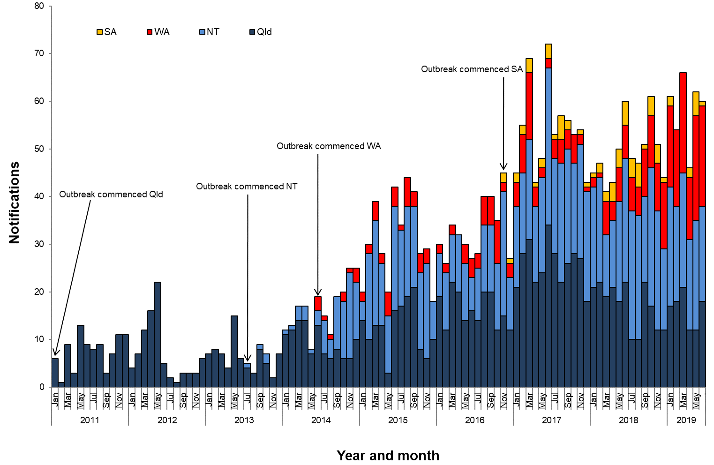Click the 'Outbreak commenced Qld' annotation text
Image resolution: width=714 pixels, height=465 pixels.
[111, 195]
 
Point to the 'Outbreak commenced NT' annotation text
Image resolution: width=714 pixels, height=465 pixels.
[247, 187]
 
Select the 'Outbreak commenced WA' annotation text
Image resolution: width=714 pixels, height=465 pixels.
[329, 146]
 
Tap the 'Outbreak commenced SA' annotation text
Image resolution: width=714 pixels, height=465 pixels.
[472, 69]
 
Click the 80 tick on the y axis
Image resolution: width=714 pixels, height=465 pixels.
[39, 6]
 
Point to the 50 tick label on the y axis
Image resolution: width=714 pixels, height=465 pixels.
[39, 149]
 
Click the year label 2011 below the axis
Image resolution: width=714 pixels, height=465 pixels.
[90, 420]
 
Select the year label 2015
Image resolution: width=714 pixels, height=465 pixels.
[398, 420]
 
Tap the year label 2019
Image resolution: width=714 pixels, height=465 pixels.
[686, 420]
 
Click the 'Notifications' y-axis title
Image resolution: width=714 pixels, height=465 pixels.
[15, 202]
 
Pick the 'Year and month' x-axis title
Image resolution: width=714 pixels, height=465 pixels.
[388, 455]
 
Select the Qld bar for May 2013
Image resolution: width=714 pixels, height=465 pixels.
[234, 352]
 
